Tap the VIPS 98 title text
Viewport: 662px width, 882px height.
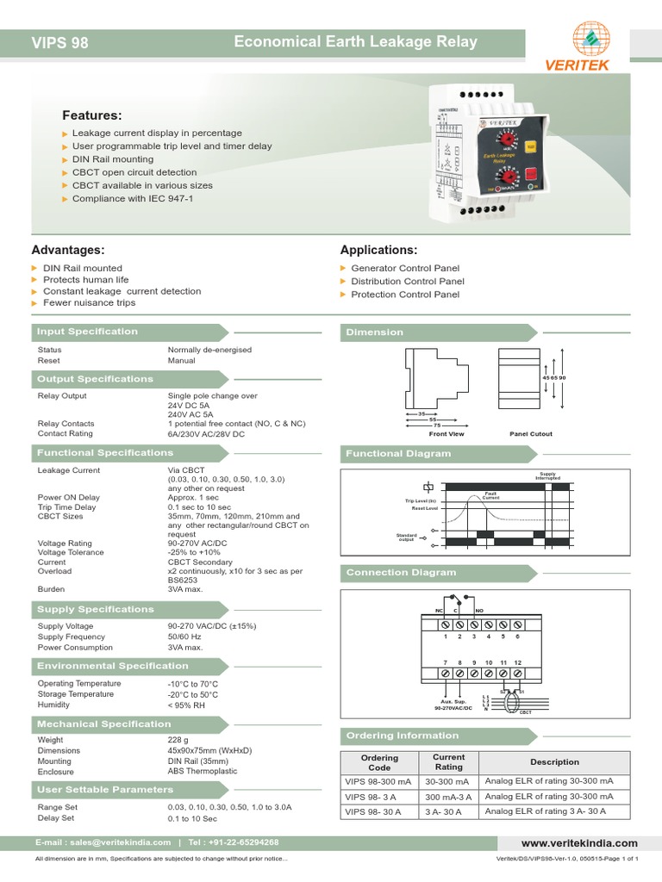(59, 42)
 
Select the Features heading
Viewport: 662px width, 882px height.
(92, 115)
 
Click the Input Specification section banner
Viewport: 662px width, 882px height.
(87, 332)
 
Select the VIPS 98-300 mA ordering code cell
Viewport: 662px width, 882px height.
(379, 781)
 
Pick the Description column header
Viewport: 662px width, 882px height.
(554, 761)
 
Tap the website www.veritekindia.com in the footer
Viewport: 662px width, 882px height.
(579, 843)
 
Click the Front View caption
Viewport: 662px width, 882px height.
(447, 434)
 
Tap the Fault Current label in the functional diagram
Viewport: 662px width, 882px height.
(490, 495)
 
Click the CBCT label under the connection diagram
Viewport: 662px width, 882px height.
(525, 712)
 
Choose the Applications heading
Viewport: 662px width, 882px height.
(378, 250)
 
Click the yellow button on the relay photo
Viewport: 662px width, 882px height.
(530, 146)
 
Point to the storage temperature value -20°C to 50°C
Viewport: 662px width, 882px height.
(193, 694)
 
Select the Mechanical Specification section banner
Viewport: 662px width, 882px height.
(103, 724)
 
